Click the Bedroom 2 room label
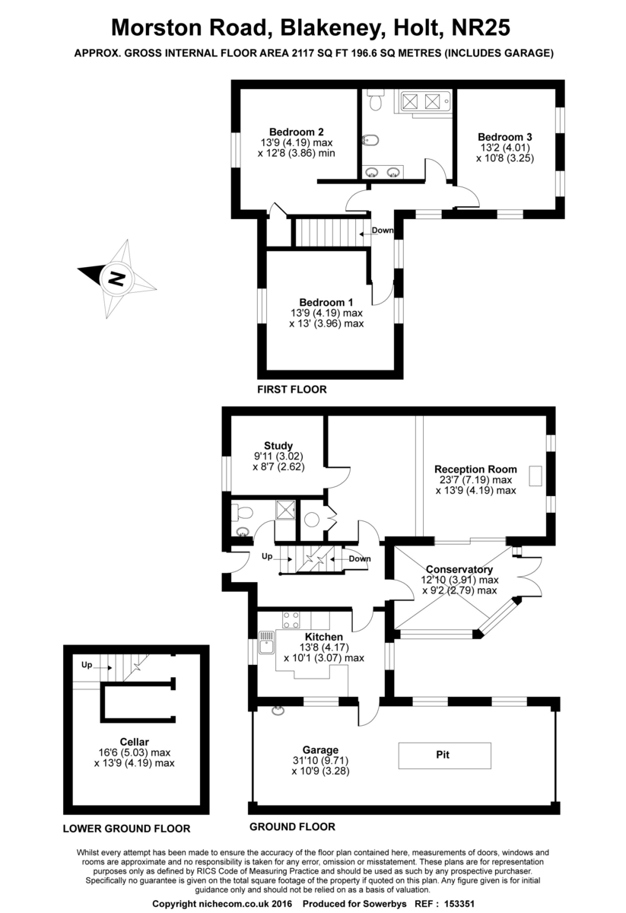pos(297,130)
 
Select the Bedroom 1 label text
pos(326,301)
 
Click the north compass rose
pos(116,277)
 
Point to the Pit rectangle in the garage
pos(443,756)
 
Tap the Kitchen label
pos(323,637)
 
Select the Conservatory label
pos(459,569)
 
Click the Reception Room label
pos(475,469)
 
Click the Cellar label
pos(133,741)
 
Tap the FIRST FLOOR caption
pos(292,390)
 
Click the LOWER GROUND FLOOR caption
pos(126,829)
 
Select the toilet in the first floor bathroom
pos(374,100)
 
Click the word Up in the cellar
pos(87,665)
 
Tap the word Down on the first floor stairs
pos(383,231)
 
